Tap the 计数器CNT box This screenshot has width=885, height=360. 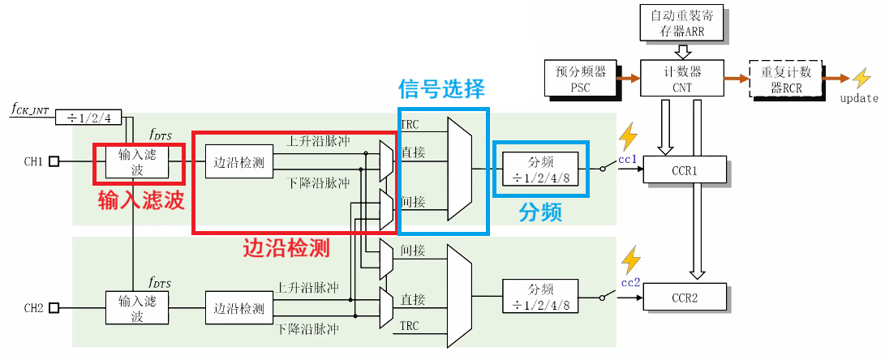(682, 78)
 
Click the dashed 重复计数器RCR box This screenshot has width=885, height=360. (784, 78)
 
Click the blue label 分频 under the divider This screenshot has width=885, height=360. (540, 213)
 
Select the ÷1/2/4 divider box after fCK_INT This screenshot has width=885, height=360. (88, 118)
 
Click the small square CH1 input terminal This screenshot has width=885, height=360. (54, 161)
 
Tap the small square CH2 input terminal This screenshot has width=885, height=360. (54, 308)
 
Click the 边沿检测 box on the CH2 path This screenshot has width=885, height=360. (238, 308)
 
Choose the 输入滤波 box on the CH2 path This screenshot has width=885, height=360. (136, 308)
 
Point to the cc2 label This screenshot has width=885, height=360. (630, 282)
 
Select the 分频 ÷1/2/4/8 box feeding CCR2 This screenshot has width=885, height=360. (540, 297)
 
